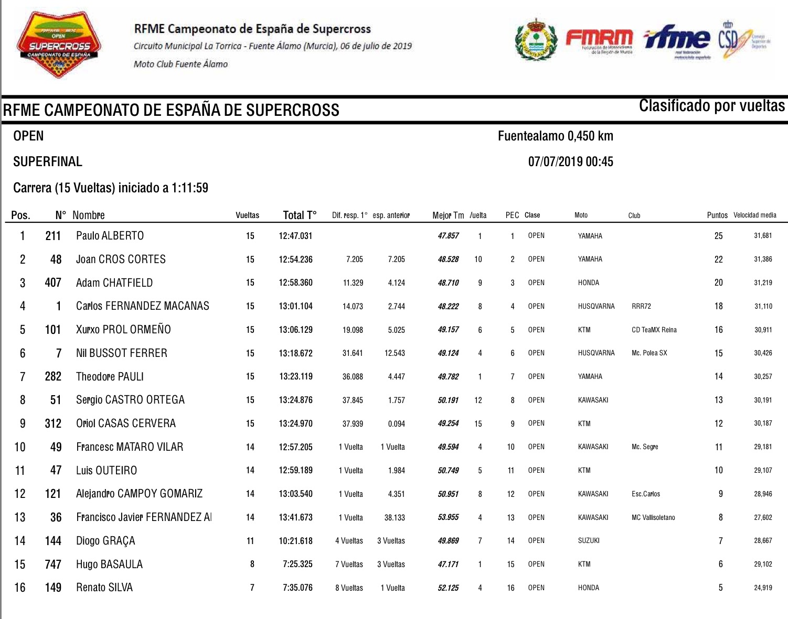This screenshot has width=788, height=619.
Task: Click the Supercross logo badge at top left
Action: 59,44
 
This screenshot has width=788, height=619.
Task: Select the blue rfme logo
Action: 677,39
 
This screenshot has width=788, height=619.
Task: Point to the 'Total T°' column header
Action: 300,215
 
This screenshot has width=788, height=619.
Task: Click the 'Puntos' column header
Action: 717,215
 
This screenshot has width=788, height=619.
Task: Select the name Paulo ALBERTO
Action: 110,236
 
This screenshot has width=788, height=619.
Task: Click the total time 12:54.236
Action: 295,259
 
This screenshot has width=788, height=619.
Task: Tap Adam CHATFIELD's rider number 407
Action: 53,283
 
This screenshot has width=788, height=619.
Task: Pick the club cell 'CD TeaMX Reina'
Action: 654,330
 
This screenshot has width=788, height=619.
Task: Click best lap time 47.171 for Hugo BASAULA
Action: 448,564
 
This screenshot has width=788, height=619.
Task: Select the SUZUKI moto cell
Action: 589,541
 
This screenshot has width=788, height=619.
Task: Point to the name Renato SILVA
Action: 104,588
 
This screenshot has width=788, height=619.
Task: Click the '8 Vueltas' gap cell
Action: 349,588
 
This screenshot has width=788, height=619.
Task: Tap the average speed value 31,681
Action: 763,236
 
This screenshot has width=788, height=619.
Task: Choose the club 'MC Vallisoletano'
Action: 653,517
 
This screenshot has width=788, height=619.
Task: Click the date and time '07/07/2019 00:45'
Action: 570,161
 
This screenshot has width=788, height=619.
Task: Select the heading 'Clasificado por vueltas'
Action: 711,106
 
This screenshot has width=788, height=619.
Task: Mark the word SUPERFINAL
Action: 48,161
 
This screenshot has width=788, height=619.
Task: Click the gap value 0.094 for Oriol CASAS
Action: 396,423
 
